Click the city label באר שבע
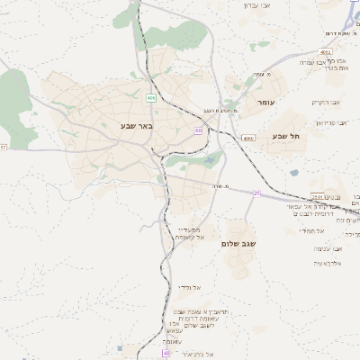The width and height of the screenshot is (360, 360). pyautogui.click(x=136, y=126)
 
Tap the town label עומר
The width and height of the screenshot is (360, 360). pyautogui.click(x=267, y=103)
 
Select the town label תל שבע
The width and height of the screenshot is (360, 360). pyautogui.click(x=284, y=136)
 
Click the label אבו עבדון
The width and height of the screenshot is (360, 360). pyautogui.click(x=256, y=5)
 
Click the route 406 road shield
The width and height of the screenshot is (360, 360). pyautogui.click(x=150, y=97)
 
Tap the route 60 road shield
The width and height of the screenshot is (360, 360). pyautogui.click(x=197, y=130)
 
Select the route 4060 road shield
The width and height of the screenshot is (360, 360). pyautogui.click(x=248, y=139)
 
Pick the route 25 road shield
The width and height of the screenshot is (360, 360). pyautogui.click(x=256, y=193)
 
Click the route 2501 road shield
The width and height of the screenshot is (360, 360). pyautogui.click(x=316, y=196)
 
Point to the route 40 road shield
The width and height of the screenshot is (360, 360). pyautogui.click(x=142, y=354)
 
